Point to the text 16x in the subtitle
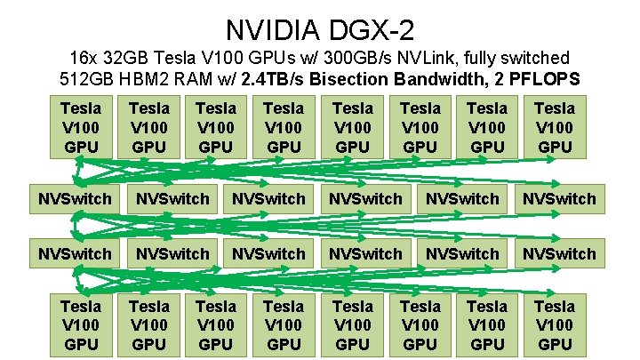pyautogui.click(x=89, y=58)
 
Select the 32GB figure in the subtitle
pyautogui.click(x=134, y=58)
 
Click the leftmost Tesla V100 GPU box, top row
pyautogui.click(x=81, y=127)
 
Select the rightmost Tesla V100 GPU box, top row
pyautogui.click(x=556, y=127)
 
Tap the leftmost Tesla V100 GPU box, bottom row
pyautogui.click(x=81, y=324)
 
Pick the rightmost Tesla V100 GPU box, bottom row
pyautogui.click(x=556, y=324)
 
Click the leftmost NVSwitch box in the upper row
pyautogui.click(x=75, y=198)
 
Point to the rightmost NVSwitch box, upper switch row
pyautogui.click(x=559, y=198)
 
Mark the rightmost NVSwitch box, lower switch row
pyautogui.click(x=559, y=253)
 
